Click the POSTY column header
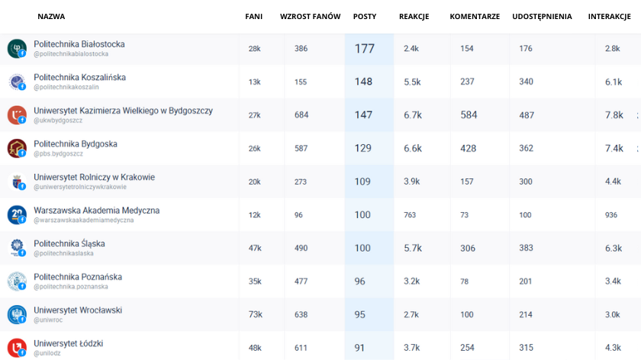tap(364, 17)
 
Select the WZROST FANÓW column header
tap(310, 17)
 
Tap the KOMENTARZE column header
tap(475, 17)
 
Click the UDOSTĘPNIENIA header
tap(542, 17)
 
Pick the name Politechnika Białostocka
tap(79, 44)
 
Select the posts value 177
tap(364, 49)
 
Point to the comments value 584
tap(469, 115)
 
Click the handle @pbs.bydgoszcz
tap(59, 154)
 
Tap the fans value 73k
tap(255, 315)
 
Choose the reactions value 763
tap(410, 215)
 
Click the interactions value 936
tap(611, 215)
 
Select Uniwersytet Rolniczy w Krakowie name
tap(94, 177)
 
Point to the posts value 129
tap(363, 149)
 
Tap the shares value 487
tap(527, 115)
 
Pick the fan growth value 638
tap(301, 315)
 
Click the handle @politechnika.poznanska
tap(71, 287)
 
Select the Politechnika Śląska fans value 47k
tap(255, 249)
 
